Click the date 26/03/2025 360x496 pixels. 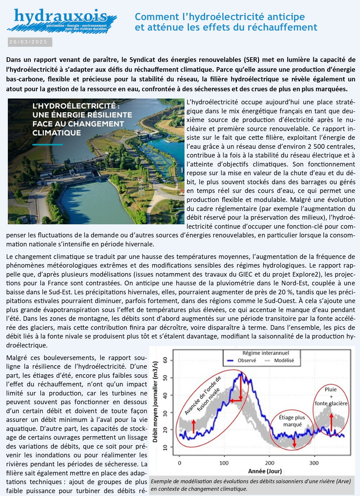pos(28,42)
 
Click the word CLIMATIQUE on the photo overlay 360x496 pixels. pos(56,133)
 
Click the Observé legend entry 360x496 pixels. pos(247,361)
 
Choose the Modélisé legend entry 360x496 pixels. pos(284,361)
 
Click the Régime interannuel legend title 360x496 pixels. pos(266,353)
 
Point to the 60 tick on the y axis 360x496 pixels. pos(165,361)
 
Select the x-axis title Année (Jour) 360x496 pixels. pos(265,471)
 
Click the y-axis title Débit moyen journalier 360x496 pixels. pos(155,402)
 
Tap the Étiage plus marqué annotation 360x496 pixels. pos(292,421)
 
